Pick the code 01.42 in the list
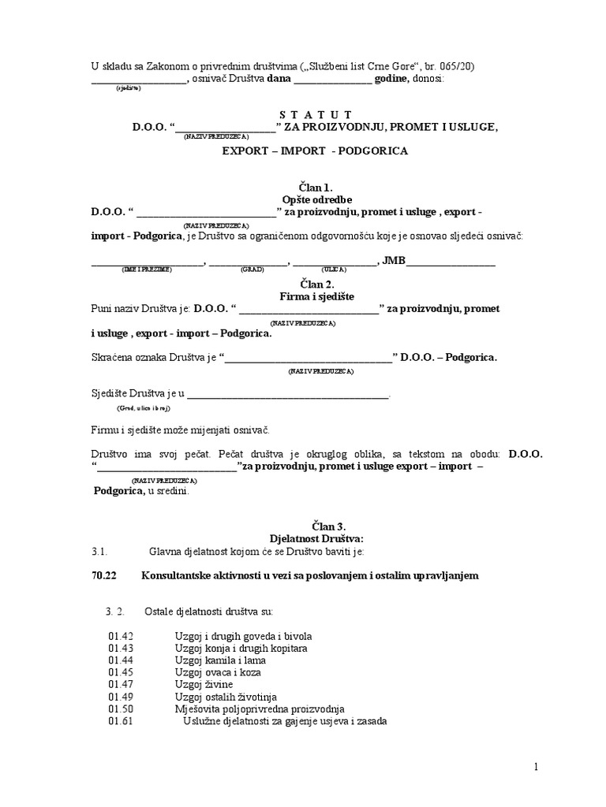pyautogui.click(x=122, y=636)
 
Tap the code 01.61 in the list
pyautogui.click(x=122, y=721)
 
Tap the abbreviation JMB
pyautogui.click(x=393, y=259)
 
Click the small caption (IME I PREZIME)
pyautogui.click(x=145, y=270)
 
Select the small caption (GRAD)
pyautogui.click(x=252, y=270)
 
